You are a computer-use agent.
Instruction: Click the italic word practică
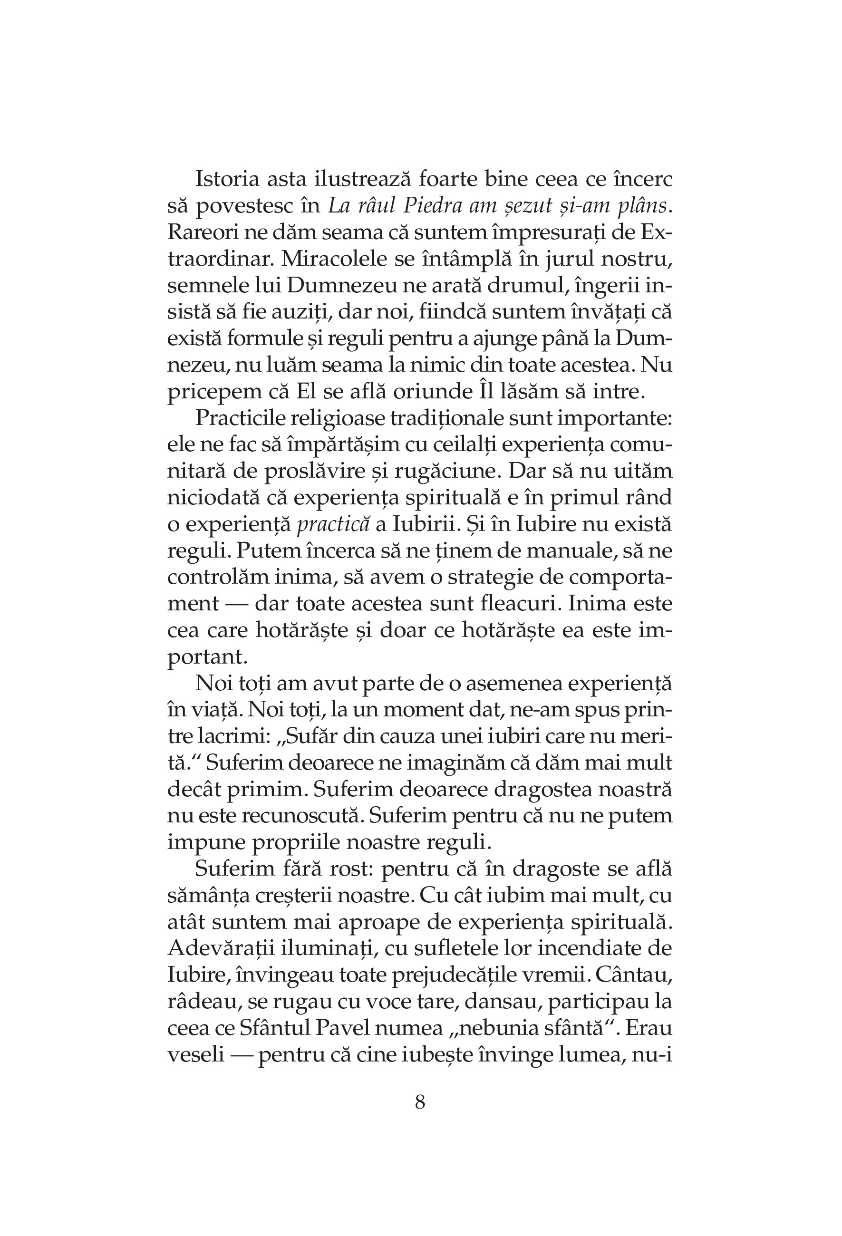point(333,524)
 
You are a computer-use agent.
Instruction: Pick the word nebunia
point(489,1029)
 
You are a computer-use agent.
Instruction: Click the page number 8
point(420,1102)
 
